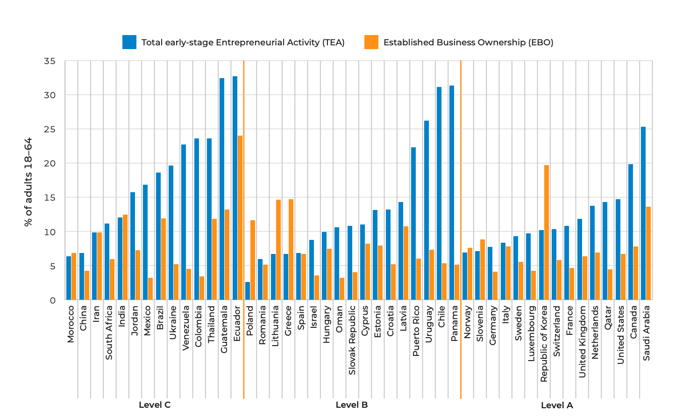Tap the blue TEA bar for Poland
click(248, 291)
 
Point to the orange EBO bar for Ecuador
click(240, 218)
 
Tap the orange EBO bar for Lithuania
click(278, 250)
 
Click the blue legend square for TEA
click(129, 42)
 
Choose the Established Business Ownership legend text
click(468, 43)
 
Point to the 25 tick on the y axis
click(50, 130)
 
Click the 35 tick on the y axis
click(50, 61)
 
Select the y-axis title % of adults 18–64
click(28, 182)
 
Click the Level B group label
click(351, 405)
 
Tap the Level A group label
click(557, 405)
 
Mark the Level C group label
click(155, 405)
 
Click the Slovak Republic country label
click(352, 340)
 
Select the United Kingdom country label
click(582, 341)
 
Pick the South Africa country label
click(109, 332)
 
